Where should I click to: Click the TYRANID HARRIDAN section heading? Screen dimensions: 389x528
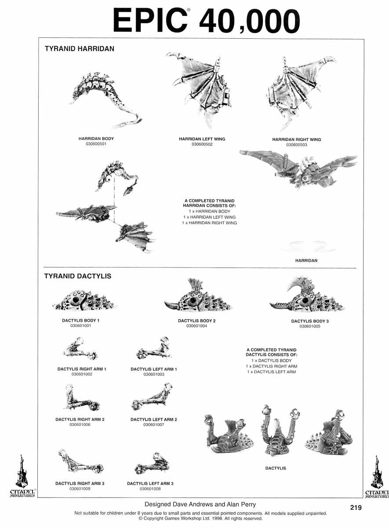click(80, 49)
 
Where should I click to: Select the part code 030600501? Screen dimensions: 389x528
click(96, 144)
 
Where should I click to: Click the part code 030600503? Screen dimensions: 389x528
click(297, 145)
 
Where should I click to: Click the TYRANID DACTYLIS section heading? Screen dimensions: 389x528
click(78, 276)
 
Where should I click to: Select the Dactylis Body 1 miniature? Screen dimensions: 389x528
click(84, 301)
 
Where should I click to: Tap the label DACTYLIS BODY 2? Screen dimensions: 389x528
click(196, 321)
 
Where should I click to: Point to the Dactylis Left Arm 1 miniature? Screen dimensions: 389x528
click(154, 348)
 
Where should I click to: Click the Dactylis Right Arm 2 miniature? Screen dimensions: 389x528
click(81, 398)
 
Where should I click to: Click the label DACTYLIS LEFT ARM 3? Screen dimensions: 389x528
click(150, 484)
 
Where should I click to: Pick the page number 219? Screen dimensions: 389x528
click(356, 507)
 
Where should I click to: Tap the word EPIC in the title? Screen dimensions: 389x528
click(150, 20)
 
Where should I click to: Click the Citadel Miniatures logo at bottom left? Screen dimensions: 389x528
click(22, 476)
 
